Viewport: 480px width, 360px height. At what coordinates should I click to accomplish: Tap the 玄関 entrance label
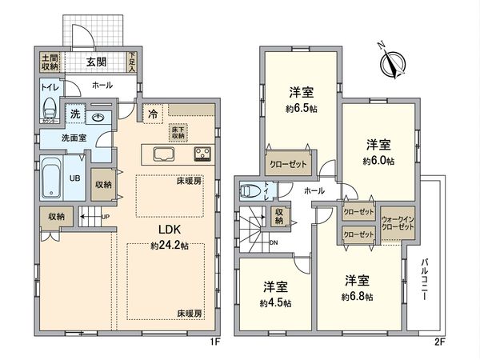pyautogui.click(x=98, y=62)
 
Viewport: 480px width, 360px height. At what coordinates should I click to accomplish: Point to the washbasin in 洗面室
pyautogui.click(x=98, y=118)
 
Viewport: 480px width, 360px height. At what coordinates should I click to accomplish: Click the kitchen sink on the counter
pyautogui.click(x=163, y=154)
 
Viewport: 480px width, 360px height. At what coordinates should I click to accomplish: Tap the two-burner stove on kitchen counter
pyautogui.click(x=200, y=154)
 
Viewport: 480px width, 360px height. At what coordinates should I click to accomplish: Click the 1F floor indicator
pyautogui.click(x=214, y=342)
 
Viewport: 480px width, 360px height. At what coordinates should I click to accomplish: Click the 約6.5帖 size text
pyautogui.click(x=301, y=108)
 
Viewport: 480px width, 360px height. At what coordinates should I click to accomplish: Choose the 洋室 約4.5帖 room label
pyautogui.click(x=276, y=294)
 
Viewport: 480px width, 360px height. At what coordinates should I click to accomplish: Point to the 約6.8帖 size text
pyautogui.click(x=357, y=297)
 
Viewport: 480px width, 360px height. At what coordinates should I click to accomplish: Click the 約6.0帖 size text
pyautogui.click(x=378, y=160)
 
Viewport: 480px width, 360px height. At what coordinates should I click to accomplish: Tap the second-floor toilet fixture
pyautogui.click(x=253, y=191)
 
